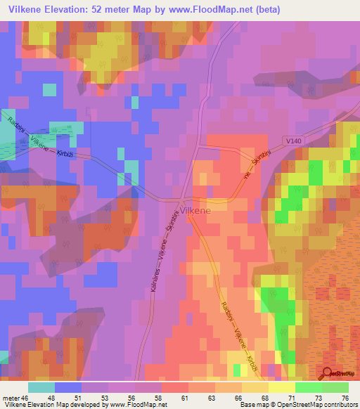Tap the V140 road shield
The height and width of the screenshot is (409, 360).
pos(293,141)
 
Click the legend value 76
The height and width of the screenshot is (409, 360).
pos(345,399)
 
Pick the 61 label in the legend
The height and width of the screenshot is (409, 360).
pos(184,399)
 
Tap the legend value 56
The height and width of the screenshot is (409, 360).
pos(132,399)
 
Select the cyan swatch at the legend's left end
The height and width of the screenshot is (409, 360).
pos(41,387)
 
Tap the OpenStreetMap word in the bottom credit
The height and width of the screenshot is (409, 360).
pos(306,405)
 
